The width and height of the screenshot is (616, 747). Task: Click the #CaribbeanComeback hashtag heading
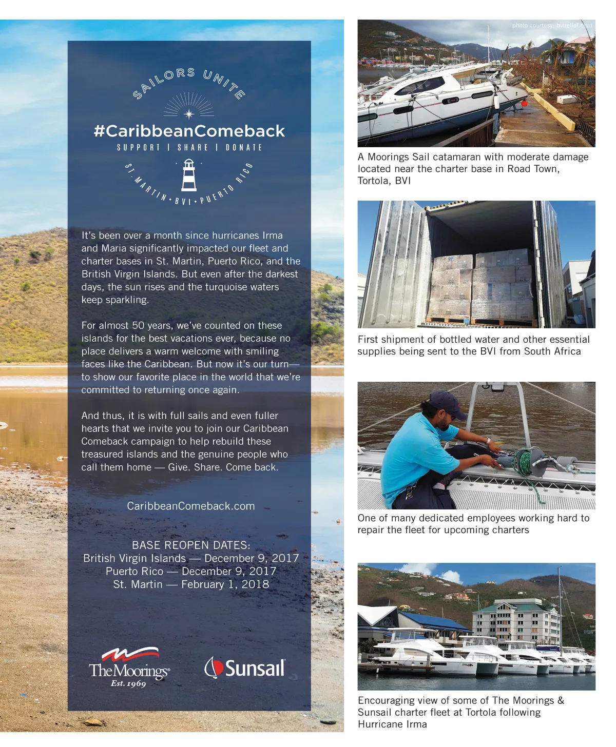[189, 131]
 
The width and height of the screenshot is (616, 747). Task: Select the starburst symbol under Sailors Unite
[189, 113]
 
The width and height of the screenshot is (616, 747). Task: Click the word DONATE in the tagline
[244, 148]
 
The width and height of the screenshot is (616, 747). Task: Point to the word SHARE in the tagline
[192, 148]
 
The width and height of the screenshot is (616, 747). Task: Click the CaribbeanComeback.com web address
[190, 506]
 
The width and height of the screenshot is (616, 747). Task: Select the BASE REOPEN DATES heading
[191, 545]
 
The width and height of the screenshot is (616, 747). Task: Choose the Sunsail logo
[245, 667]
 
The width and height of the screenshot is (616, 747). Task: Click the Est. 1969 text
[128, 683]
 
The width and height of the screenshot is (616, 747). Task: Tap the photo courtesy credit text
[552, 25]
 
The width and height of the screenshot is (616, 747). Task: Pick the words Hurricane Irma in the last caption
[392, 724]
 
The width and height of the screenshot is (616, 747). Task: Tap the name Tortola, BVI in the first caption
[384, 181]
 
